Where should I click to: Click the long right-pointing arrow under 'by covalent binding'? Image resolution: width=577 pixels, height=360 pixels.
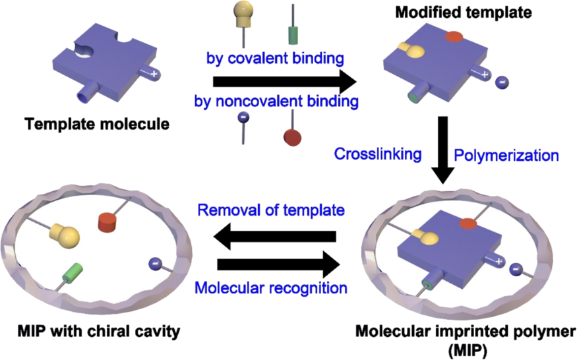tap(283, 81)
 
